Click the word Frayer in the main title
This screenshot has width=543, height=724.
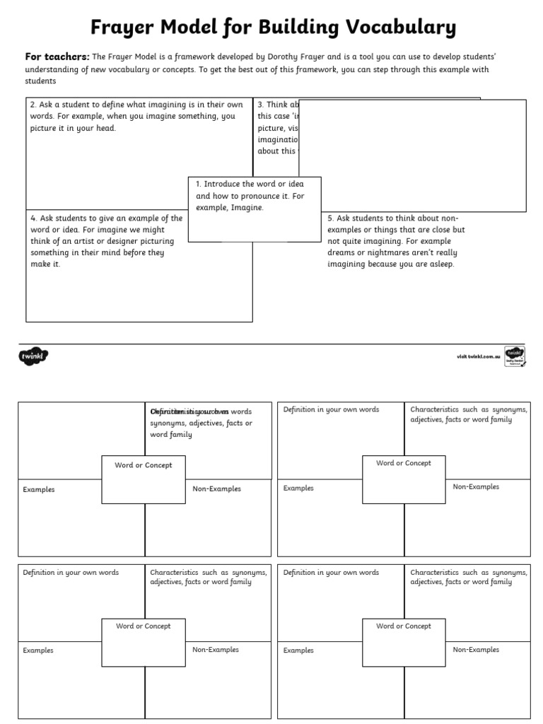(x=120, y=28)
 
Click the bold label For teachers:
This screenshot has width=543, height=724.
(x=57, y=57)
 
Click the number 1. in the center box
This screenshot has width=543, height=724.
(x=199, y=184)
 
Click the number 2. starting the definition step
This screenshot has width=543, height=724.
(x=33, y=105)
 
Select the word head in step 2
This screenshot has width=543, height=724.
(x=107, y=129)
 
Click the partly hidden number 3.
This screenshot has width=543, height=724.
(x=260, y=105)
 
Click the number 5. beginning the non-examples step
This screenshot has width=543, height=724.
(x=330, y=218)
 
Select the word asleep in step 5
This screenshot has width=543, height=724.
(x=441, y=264)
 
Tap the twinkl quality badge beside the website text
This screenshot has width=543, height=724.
(x=514, y=356)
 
